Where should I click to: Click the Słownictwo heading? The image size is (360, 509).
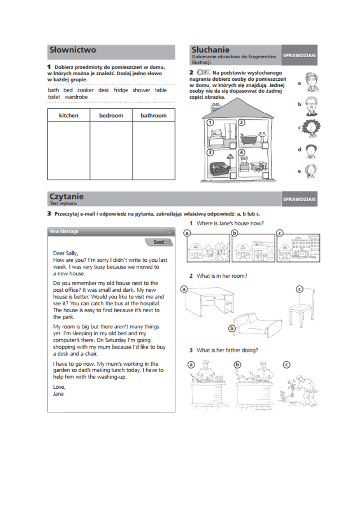pyautogui.click(x=73, y=50)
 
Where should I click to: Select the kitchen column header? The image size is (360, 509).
pyautogui.click(x=69, y=116)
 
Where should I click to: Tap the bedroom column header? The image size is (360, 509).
pyautogui.click(x=111, y=116)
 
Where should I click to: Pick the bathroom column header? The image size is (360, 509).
pyautogui.click(x=153, y=116)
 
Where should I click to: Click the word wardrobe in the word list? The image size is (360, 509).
pyautogui.click(x=76, y=97)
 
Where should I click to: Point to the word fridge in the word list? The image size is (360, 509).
pyautogui.click(x=121, y=90)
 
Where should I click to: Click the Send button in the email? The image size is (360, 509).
pyautogui.click(x=158, y=242)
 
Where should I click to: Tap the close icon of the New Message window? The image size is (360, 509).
pyautogui.click(x=169, y=232)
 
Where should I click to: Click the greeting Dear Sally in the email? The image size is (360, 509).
pyautogui.click(x=66, y=254)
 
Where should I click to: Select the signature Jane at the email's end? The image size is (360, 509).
pyautogui.click(x=59, y=394)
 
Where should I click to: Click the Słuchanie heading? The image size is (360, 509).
pyautogui.click(x=211, y=50)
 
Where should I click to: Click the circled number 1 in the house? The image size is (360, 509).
pyautogui.click(x=210, y=122)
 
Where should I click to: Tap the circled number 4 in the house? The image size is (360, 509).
pyautogui.click(x=242, y=152)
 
